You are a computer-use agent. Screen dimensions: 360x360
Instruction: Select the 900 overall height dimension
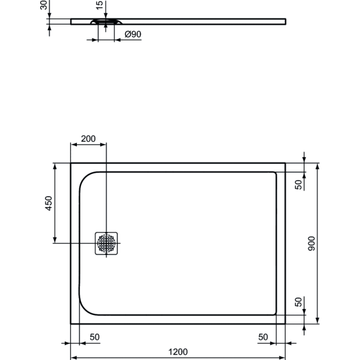point(311,243)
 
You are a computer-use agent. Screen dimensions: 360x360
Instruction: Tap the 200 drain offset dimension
point(88,139)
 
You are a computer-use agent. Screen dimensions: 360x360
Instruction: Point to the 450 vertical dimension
point(50,203)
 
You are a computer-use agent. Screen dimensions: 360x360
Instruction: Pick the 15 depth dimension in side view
point(99,7)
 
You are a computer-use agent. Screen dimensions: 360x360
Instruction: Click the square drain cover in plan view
point(107,243)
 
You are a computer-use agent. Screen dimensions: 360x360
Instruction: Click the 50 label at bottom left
point(94,337)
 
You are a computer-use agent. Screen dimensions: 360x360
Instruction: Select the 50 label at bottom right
point(263,337)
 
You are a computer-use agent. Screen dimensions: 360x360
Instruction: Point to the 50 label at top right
point(298,184)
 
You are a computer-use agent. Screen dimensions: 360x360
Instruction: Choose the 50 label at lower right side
point(298,302)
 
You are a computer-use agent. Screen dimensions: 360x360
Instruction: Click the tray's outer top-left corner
point(71,163)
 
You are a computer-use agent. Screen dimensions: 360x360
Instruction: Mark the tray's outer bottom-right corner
point(286,323)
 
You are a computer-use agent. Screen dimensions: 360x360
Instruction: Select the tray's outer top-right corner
point(286,163)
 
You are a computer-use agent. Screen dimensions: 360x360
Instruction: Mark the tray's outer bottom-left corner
point(71,323)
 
